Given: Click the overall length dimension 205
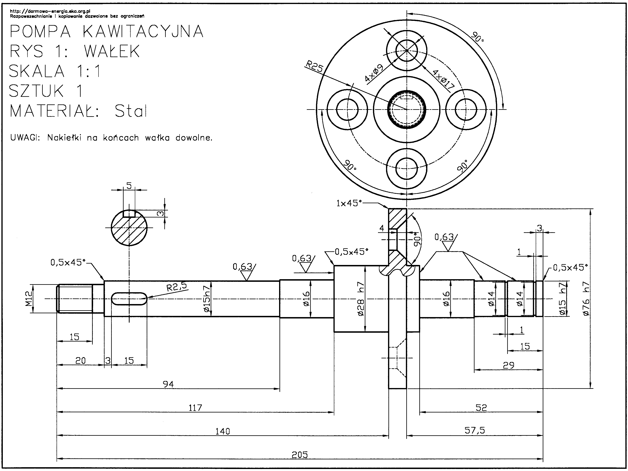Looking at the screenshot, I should click(x=300, y=455).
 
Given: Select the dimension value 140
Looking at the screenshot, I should click(x=222, y=431).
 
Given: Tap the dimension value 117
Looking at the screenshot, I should click(x=195, y=408).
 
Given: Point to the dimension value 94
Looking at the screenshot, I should click(x=168, y=384).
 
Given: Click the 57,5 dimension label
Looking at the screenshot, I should click(x=475, y=431).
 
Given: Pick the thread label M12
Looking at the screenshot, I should click(x=29, y=299).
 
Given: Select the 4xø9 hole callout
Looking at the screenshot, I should click(x=374, y=73).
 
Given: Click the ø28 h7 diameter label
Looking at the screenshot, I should click(x=361, y=299).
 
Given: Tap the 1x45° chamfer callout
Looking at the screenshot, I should click(x=349, y=203).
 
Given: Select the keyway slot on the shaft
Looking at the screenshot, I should click(x=129, y=299).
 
